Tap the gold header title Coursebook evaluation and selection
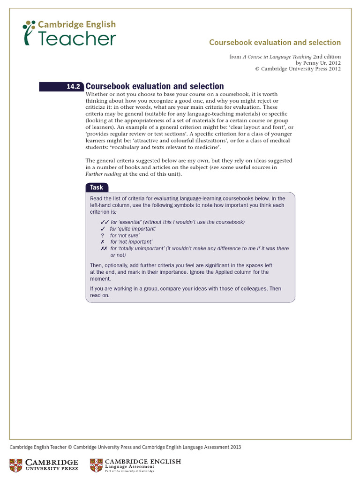click(x=275, y=43)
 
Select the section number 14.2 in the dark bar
click(x=74, y=87)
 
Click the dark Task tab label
click(x=97, y=187)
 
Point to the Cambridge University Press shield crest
click(x=17, y=465)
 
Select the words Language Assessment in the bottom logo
click(x=128, y=467)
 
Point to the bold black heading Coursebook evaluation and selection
click(x=155, y=86)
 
